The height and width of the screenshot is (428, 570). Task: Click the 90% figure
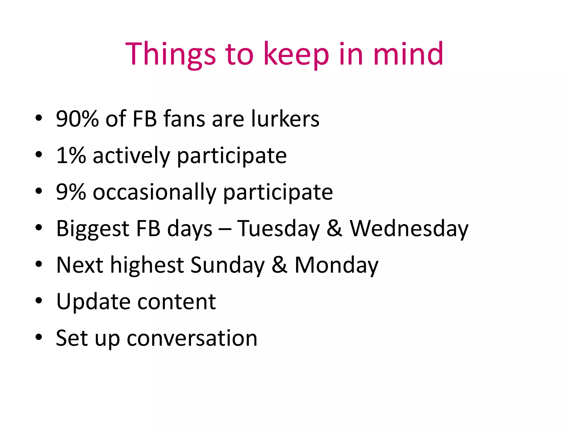click(77, 119)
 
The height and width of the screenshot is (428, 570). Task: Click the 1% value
click(71, 155)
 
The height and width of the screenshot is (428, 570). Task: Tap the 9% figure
click(71, 192)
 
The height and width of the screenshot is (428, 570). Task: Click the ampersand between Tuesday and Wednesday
click(335, 228)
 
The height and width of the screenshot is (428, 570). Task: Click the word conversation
click(192, 338)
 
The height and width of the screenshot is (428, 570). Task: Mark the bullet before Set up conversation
click(39, 337)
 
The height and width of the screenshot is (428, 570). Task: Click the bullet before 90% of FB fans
click(39, 118)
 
